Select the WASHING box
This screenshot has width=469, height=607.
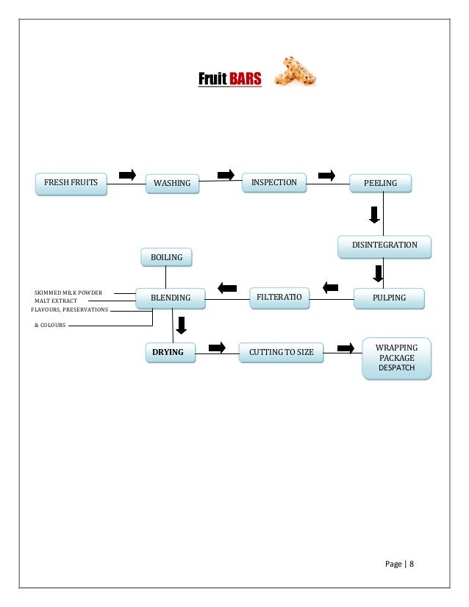point(172,183)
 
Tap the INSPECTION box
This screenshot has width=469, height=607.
point(274,182)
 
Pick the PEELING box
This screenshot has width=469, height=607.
point(379,183)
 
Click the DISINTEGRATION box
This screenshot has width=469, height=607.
point(384,245)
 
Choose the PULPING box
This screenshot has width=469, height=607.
point(390,298)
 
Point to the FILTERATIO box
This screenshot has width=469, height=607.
point(279,297)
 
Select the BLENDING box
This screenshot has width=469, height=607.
point(171,298)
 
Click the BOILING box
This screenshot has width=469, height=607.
point(166,257)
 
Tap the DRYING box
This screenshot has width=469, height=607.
point(170,353)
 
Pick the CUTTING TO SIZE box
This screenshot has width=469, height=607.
point(281,353)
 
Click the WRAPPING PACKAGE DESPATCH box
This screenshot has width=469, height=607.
point(397,358)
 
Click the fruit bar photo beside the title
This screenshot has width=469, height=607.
point(294,73)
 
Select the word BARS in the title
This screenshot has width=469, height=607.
point(245,79)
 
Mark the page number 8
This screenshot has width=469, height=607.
point(412,564)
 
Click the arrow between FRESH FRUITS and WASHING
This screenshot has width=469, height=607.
point(127,174)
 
